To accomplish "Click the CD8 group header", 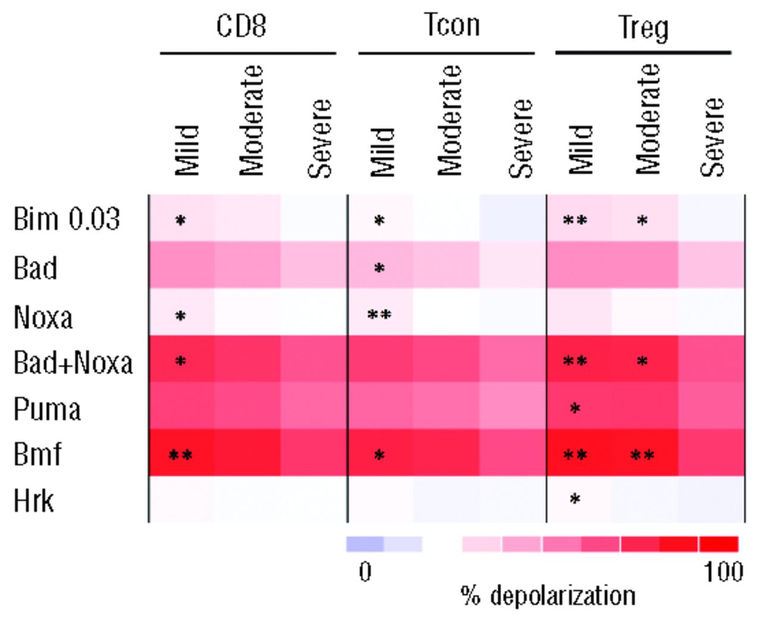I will click(241, 26).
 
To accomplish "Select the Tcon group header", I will click(451, 26).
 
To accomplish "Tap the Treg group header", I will click(643, 28).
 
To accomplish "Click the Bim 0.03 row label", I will click(67, 219).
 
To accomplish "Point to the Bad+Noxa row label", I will click(73, 363).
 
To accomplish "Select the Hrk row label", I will click(33, 500).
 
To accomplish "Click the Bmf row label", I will click(37, 454).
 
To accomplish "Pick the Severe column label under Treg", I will click(712, 138).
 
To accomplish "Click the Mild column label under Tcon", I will click(383, 152).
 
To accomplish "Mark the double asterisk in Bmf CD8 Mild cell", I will click(180, 456).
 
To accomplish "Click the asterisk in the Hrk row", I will click(574, 499).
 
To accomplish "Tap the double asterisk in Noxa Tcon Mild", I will click(379, 315).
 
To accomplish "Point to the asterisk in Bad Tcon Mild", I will click(379, 269).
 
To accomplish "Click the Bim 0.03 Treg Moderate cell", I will click(642, 219).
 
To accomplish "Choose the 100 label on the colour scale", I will click(723, 572).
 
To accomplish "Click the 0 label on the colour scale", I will click(365, 572).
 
